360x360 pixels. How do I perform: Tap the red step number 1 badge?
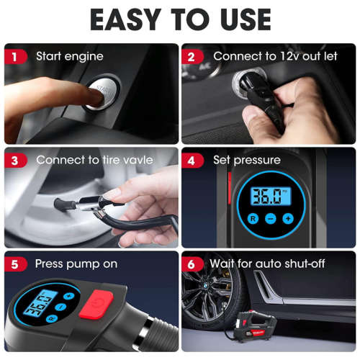(x=14, y=56)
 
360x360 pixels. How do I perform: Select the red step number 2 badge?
(x=192, y=56)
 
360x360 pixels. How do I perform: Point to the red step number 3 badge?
(x=14, y=160)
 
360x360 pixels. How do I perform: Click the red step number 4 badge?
(x=192, y=160)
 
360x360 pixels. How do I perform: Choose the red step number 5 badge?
(x=14, y=264)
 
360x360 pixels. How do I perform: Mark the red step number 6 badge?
(x=192, y=264)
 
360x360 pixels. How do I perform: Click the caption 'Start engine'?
(x=70, y=56)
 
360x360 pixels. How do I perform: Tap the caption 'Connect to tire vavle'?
(x=94, y=160)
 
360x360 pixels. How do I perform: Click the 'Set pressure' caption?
(x=247, y=160)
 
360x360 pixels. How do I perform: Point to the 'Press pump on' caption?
(x=76, y=264)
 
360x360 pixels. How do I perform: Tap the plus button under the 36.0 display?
(x=288, y=217)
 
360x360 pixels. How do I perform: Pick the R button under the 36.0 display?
(x=253, y=217)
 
